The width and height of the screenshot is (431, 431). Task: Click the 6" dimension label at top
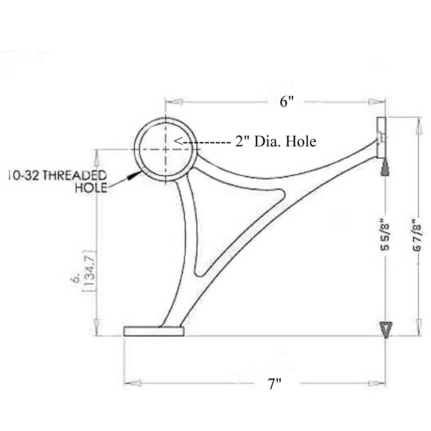pos(287,102)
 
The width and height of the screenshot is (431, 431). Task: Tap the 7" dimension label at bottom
pos(275,384)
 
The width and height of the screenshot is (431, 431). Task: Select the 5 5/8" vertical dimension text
pos(385,235)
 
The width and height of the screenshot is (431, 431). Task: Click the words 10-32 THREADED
pos(57,175)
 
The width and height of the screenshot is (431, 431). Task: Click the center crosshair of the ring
pos(166,149)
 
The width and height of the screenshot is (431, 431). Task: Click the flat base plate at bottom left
pos(154,331)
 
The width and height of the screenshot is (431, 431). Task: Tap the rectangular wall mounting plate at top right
pos(382,137)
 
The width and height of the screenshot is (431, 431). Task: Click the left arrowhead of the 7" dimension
pos(133,383)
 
